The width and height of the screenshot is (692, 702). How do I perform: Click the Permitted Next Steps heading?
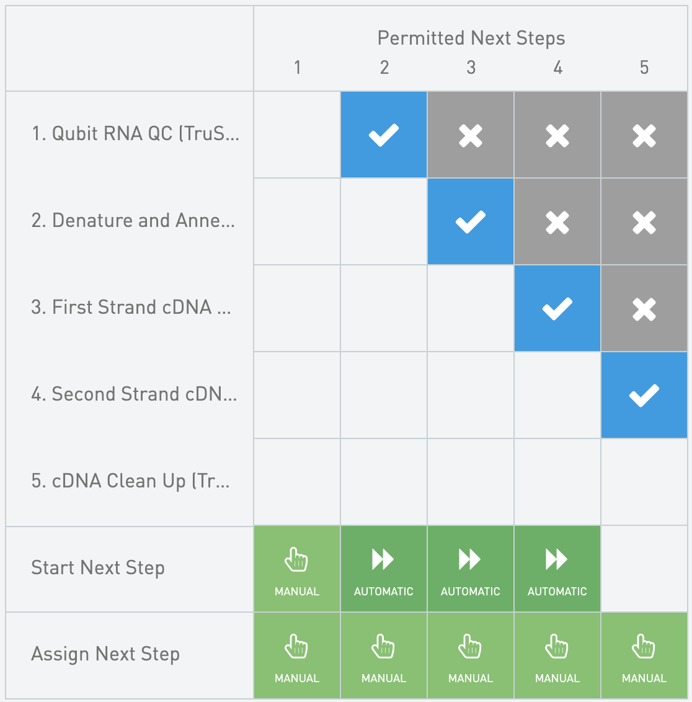tap(471, 38)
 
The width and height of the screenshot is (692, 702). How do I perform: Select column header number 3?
tap(471, 68)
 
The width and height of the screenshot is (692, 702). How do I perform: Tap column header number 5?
tap(644, 68)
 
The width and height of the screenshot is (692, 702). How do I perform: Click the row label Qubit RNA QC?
tap(135, 134)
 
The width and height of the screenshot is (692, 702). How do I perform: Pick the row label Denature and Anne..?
tap(133, 220)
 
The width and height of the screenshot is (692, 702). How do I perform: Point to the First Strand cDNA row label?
tap(131, 307)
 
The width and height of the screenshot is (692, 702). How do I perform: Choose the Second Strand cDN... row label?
tap(134, 394)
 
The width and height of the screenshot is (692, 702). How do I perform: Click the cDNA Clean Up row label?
tap(130, 481)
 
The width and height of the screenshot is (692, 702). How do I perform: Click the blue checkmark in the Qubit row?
tap(384, 135)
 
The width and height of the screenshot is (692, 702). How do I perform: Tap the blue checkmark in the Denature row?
tap(471, 221)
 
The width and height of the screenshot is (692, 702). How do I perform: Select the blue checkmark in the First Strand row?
tap(557, 308)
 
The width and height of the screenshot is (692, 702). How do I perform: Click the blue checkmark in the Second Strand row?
tap(644, 395)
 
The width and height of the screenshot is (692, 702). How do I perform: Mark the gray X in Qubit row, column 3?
tap(471, 135)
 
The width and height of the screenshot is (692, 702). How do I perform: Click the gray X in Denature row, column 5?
tap(644, 221)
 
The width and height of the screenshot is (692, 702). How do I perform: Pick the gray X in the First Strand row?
tap(644, 308)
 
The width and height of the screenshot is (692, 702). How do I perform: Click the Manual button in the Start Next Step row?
tap(297, 569)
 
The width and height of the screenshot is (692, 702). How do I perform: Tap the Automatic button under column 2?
tap(384, 569)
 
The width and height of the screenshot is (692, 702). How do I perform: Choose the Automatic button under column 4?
tap(557, 569)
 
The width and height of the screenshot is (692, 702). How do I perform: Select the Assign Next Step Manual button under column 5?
tap(644, 655)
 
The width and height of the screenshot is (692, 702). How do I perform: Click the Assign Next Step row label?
tap(105, 654)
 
